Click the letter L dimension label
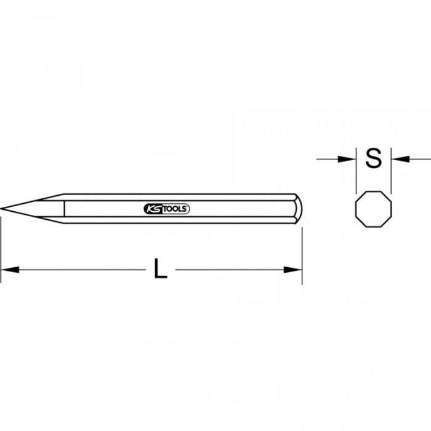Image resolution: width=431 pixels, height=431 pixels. (160, 269)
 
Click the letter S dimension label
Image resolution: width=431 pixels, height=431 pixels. (374, 159)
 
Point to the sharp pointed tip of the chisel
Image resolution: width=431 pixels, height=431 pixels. (3, 209)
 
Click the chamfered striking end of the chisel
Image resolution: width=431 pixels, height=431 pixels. (298, 209)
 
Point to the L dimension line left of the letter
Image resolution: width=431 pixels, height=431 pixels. (80, 269)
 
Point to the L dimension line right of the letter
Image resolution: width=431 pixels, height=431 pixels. (234, 269)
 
